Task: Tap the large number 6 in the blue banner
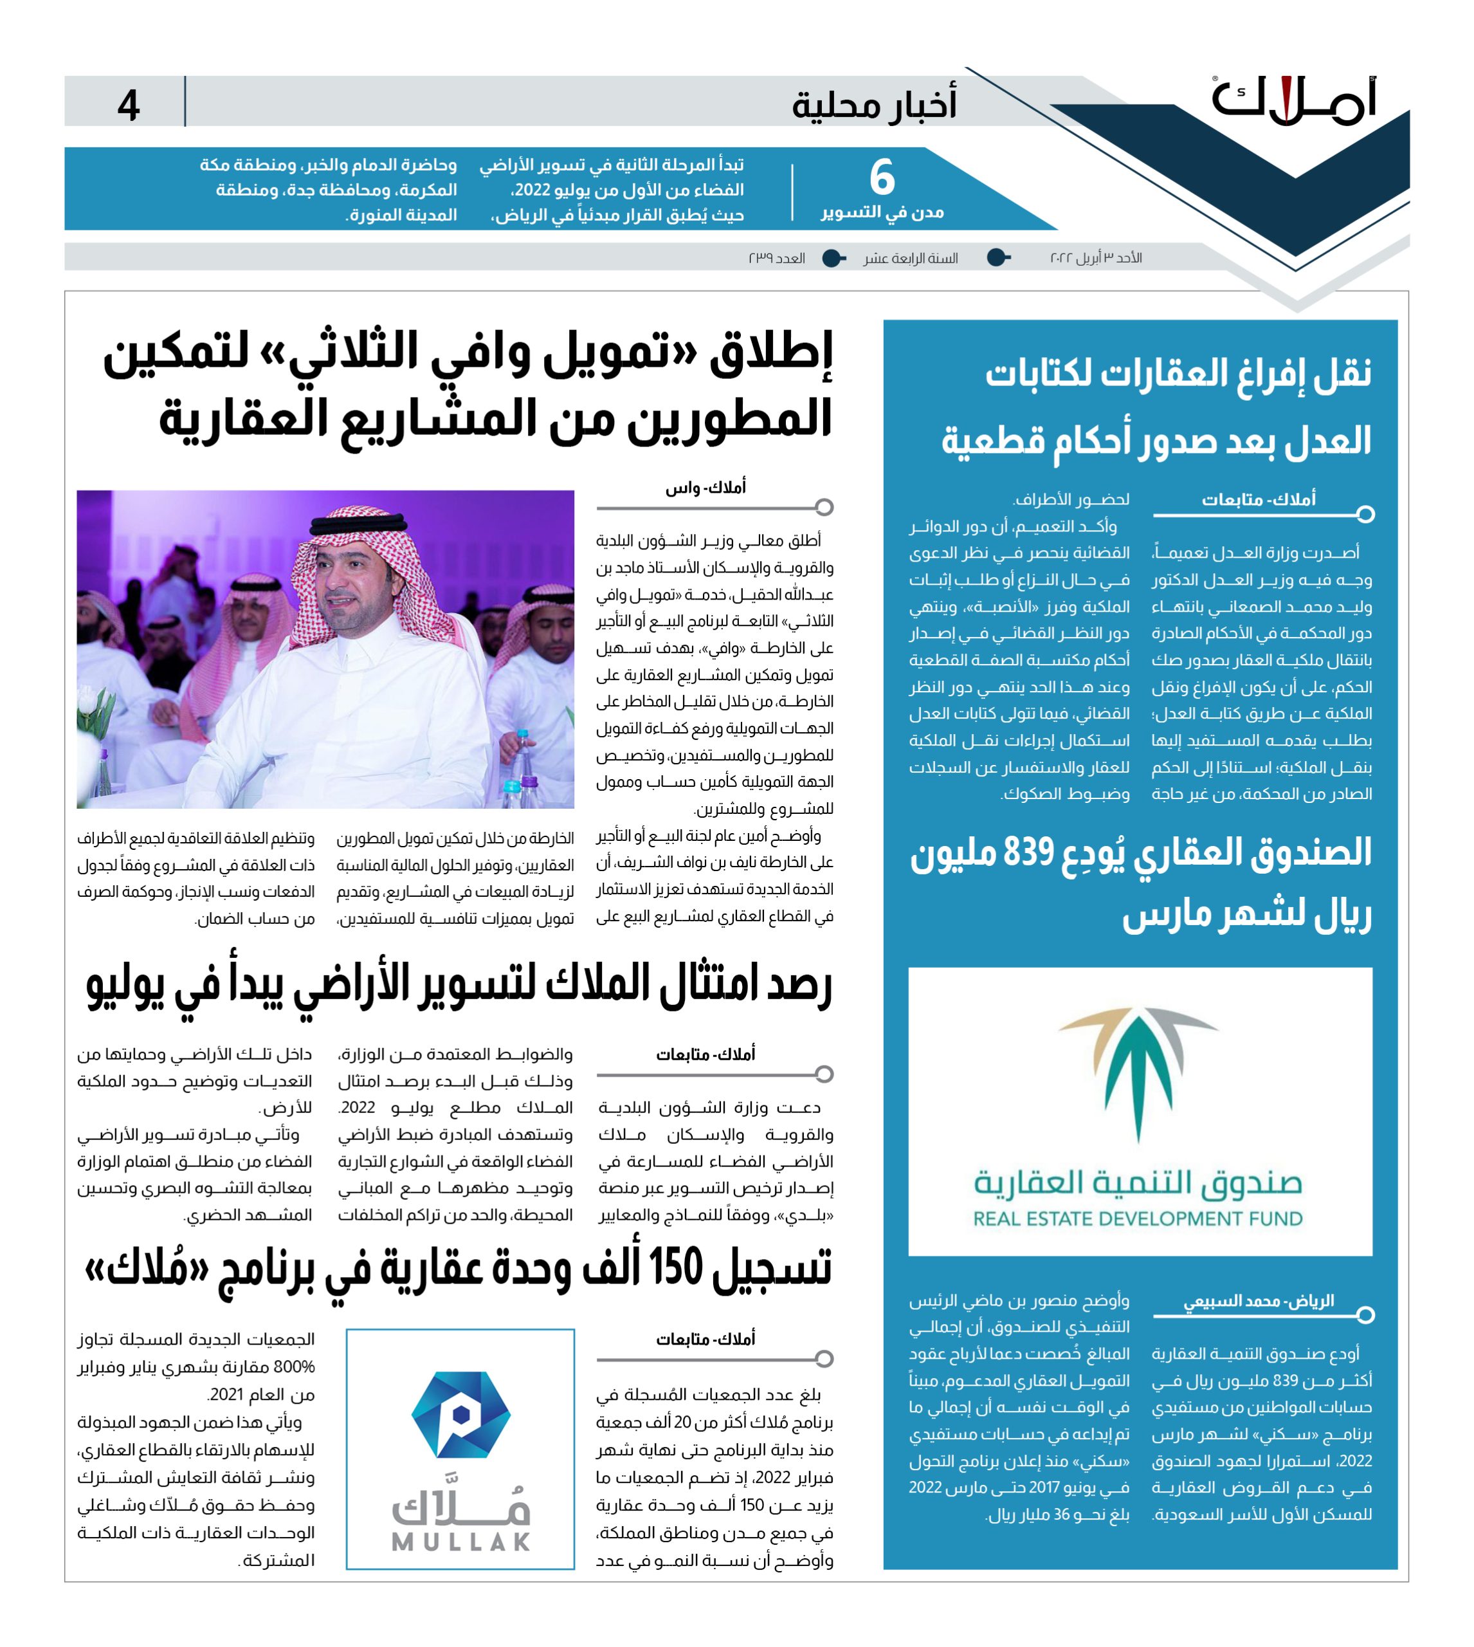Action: [881, 178]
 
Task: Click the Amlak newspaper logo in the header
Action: [1293, 102]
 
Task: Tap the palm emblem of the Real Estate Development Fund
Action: [1138, 1069]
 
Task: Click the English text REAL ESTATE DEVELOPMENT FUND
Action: [1138, 1219]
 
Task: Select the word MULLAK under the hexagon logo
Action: [461, 1541]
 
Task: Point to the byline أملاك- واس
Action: [705, 488]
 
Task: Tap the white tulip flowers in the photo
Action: [96, 713]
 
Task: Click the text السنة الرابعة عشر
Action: [910, 259]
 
